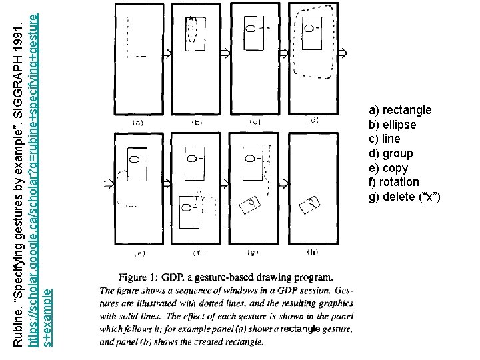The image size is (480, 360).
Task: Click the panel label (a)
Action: (x=139, y=122)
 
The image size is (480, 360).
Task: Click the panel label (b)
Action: (x=197, y=122)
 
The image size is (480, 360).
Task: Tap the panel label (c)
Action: (x=255, y=122)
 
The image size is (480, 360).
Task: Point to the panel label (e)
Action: (x=139, y=253)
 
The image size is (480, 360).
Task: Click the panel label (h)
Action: (x=312, y=252)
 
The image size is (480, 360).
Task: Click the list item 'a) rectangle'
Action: (x=400, y=110)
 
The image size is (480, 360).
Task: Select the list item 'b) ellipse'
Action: (x=392, y=125)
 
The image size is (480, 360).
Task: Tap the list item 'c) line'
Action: (x=385, y=139)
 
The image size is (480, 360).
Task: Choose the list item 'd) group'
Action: (x=391, y=153)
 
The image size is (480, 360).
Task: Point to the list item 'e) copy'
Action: (x=388, y=168)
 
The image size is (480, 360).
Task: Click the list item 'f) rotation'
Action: (x=394, y=182)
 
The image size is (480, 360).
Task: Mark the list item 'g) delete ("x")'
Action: (x=404, y=197)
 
